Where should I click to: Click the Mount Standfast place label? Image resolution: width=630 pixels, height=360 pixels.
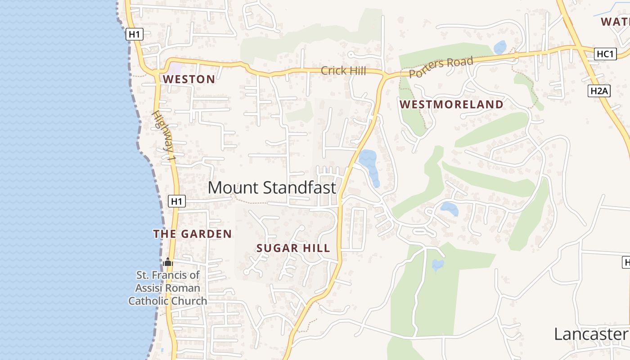(272, 188)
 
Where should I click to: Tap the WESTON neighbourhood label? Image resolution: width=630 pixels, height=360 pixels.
(189, 79)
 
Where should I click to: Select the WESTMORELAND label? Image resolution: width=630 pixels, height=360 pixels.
(451, 104)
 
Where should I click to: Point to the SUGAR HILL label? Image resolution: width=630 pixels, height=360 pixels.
(293, 248)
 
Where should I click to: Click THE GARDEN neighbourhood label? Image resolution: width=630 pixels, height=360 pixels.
(192, 234)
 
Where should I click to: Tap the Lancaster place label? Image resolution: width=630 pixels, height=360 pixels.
(590, 334)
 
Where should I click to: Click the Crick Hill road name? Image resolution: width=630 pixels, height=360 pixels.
(343, 71)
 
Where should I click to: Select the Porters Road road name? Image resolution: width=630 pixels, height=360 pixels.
(441, 67)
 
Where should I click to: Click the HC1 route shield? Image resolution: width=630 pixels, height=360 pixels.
(605, 54)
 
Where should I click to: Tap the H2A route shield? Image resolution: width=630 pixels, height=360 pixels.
(599, 91)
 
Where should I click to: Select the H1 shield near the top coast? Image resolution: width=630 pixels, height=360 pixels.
(135, 34)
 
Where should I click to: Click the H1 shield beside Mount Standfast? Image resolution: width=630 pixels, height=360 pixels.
(177, 201)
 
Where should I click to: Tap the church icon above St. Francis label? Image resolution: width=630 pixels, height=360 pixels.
(168, 262)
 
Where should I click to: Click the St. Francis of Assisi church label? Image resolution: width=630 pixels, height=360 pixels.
(168, 288)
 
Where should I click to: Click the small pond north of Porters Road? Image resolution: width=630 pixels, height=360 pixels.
(500, 47)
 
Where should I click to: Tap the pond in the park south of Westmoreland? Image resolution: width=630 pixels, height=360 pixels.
(437, 265)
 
